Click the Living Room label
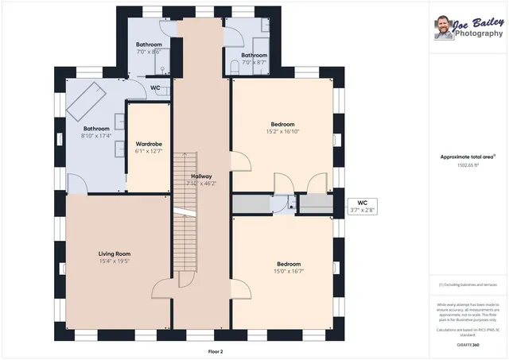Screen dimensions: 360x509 [x=115, y=253]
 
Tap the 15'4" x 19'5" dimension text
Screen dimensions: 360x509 [x=115, y=261]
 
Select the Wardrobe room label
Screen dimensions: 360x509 [x=149, y=144]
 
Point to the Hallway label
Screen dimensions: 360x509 [x=201, y=176]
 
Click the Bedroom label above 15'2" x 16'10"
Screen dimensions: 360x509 [x=282, y=124]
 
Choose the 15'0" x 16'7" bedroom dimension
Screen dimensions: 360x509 [x=289, y=272]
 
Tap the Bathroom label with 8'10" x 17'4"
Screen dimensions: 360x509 [x=96, y=129]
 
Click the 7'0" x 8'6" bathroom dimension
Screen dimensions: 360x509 [x=149, y=52]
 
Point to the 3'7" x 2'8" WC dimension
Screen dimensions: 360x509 [x=363, y=211]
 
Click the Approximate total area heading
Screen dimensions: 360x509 [x=468, y=157]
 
